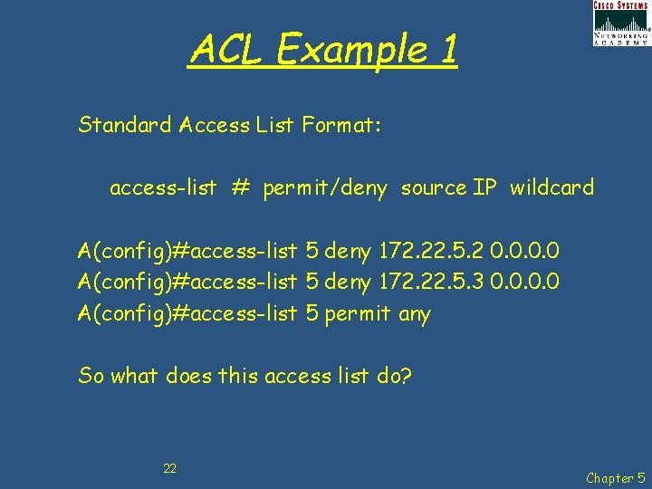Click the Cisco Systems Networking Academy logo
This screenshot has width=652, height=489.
pyautogui.click(x=621, y=24)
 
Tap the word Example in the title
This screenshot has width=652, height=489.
pyautogui.click(x=348, y=50)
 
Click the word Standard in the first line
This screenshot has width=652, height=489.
pyautogui.click(x=125, y=124)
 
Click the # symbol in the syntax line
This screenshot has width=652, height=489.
pyautogui.click(x=239, y=188)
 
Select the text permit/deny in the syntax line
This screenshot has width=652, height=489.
pyautogui.click(x=325, y=189)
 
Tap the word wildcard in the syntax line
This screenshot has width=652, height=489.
pyautogui.click(x=551, y=188)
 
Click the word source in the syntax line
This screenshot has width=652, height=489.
pyautogui.click(x=433, y=188)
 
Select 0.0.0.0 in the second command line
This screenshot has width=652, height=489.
pyautogui.click(x=524, y=282)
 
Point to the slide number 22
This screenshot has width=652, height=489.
pyautogui.click(x=169, y=468)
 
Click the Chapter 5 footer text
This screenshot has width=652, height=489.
pyautogui.click(x=616, y=477)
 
